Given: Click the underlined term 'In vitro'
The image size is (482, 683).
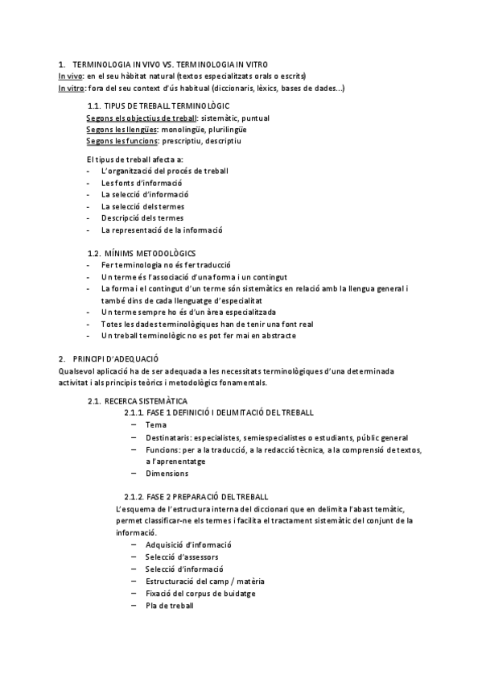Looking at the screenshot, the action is pyautogui.click(x=72, y=88).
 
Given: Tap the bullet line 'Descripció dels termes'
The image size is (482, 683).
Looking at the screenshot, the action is pyautogui.click(x=142, y=217).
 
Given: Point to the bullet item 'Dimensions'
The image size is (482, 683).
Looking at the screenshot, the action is pyautogui.click(x=167, y=474).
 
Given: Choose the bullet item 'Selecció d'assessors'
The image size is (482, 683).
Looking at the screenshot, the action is pyautogui.click(x=182, y=557).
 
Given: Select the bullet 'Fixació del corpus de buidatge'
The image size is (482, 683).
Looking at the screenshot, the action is pyautogui.click(x=200, y=593).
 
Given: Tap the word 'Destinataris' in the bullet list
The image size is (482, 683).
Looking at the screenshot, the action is pyautogui.click(x=170, y=437).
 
